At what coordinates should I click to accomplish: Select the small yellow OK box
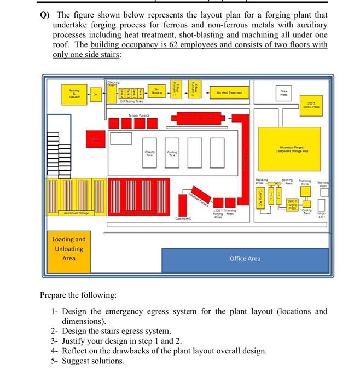(x=96, y=94)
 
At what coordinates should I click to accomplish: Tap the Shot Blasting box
(x=157, y=92)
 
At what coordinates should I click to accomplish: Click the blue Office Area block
(x=245, y=259)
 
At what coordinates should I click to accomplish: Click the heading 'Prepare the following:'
(x=78, y=295)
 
